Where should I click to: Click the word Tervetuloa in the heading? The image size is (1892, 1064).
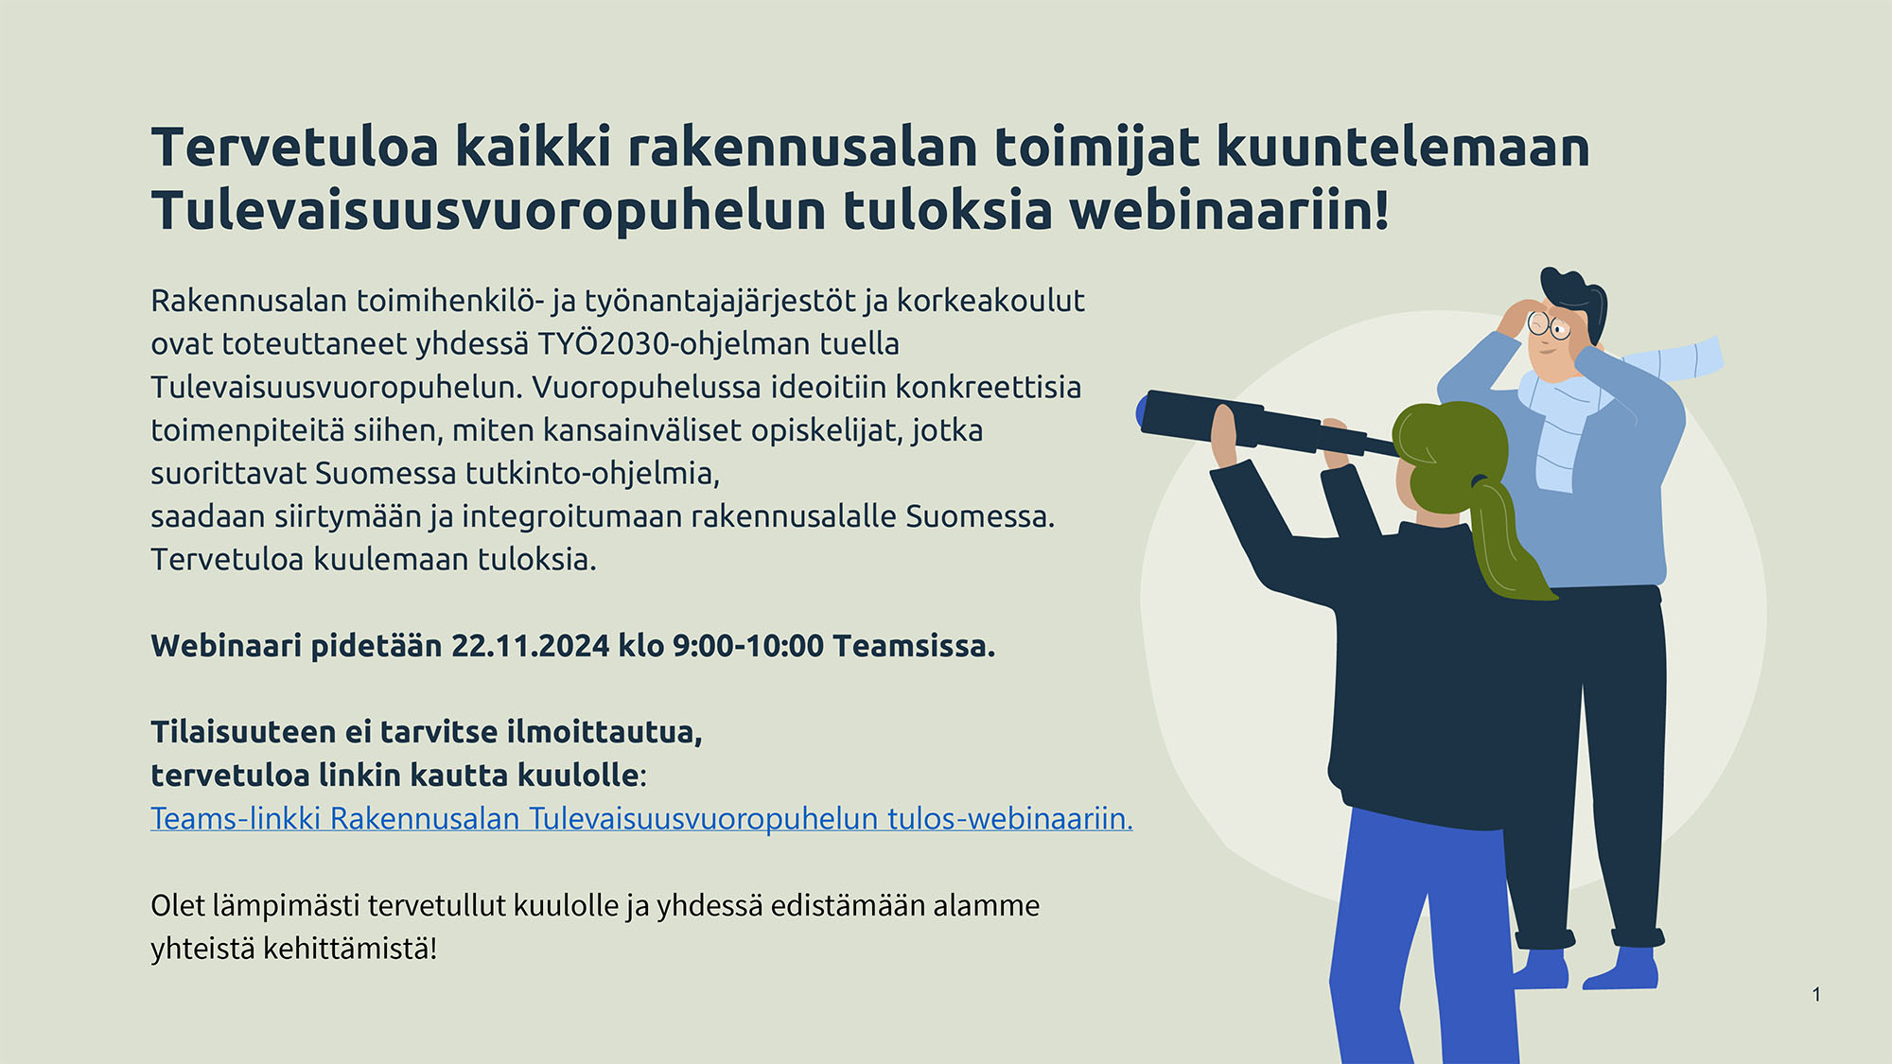pos(295,148)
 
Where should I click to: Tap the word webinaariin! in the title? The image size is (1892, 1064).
pos(1230,210)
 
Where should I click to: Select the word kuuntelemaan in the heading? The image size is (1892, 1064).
pos(1403,148)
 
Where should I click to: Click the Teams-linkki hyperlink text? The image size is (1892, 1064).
pos(641,819)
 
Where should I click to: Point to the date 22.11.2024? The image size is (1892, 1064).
pos(530,646)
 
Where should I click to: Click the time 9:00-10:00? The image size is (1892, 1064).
pos(748,646)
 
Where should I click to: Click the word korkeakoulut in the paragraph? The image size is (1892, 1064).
pos(990,301)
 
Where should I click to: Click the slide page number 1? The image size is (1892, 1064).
pos(1816,994)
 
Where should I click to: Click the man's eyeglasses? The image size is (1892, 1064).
pos(1550,326)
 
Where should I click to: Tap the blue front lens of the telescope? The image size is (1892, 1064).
pos(1141,411)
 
